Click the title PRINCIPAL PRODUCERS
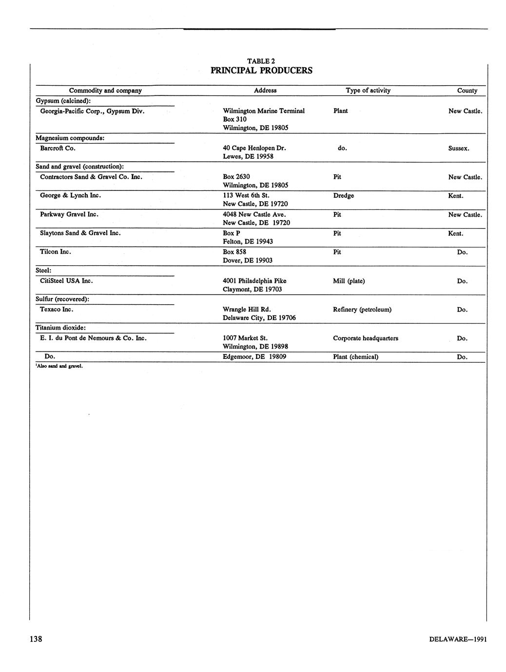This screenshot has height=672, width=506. pyautogui.click(x=261, y=71)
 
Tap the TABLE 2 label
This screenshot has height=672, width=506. pyautogui.click(x=261, y=61)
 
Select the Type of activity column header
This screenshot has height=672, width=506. pyautogui.click(x=368, y=90)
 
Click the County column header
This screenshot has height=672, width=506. pyautogui.click(x=467, y=91)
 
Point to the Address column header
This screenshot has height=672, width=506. pyautogui.click(x=265, y=90)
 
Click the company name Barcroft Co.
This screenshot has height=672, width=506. pyautogui.click(x=58, y=148)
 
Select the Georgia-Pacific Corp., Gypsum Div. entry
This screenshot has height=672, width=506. pyautogui.click(x=92, y=111)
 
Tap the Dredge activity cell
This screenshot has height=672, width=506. pyautogui.click(x=344, y=196)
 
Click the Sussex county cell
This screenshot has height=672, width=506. pyautogui.click(x=459, y=148)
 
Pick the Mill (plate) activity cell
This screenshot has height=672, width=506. pyautogui.click(x=349, y=281)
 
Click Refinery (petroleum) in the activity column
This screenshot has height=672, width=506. pyautogui.click(x=362, y=310)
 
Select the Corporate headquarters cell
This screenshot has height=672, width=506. pyautogui.click(x=366, y=338)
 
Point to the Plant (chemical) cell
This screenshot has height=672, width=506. pyautogui.click(x=356, y=357)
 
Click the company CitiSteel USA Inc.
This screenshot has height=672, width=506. pyautogui.click(x=66, y=281)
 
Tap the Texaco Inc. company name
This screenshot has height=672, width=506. pyautogui.click(x=57, y=309)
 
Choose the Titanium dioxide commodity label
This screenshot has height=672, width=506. pyautogui.click(x=61, y=328)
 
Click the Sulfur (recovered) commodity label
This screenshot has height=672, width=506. pyautogui.click(x=62, y=299)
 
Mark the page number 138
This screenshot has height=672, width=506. pyautogui.click(x=36, y=639)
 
